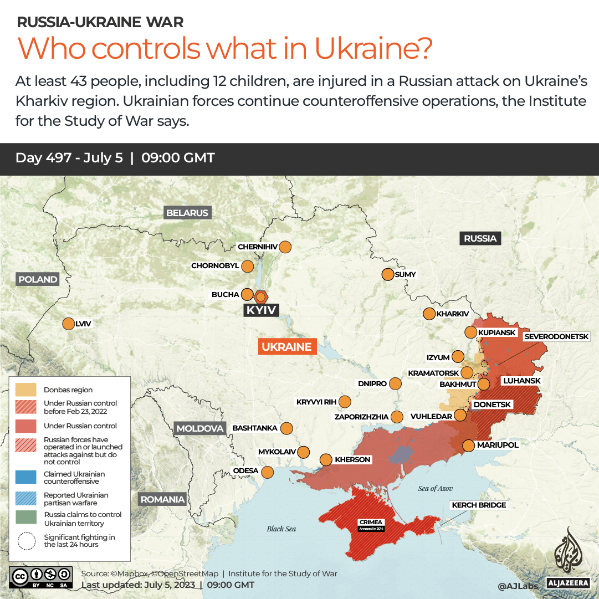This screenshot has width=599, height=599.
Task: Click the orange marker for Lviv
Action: click(x=69, y=324)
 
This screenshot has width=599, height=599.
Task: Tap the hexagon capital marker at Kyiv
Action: click(x=260, y=296)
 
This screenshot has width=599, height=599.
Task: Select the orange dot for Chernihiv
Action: click(x=285, y=247)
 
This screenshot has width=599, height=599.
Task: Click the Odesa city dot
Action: click(x=268, y=472)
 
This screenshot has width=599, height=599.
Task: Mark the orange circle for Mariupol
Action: click(x=468, y=445)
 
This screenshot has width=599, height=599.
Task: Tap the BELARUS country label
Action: click(x=187, y=213)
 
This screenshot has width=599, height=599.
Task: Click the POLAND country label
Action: click(x=38, y=279)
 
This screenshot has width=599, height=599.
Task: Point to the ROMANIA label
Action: click(x=162, y=499)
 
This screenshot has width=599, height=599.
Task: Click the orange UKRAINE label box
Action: click(x=286, y=347)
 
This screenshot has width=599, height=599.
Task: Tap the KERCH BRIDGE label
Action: click(x=479, y=505)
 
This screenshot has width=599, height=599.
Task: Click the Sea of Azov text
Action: click(x=436, y=488)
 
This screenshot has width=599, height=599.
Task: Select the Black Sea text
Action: click(x=281, y=529)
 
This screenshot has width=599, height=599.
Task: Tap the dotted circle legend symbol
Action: click(x=25, y=541)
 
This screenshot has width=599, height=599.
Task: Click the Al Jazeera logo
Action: click(x=567, y=557)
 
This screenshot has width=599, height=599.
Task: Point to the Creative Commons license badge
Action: click(x=41, y=576)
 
